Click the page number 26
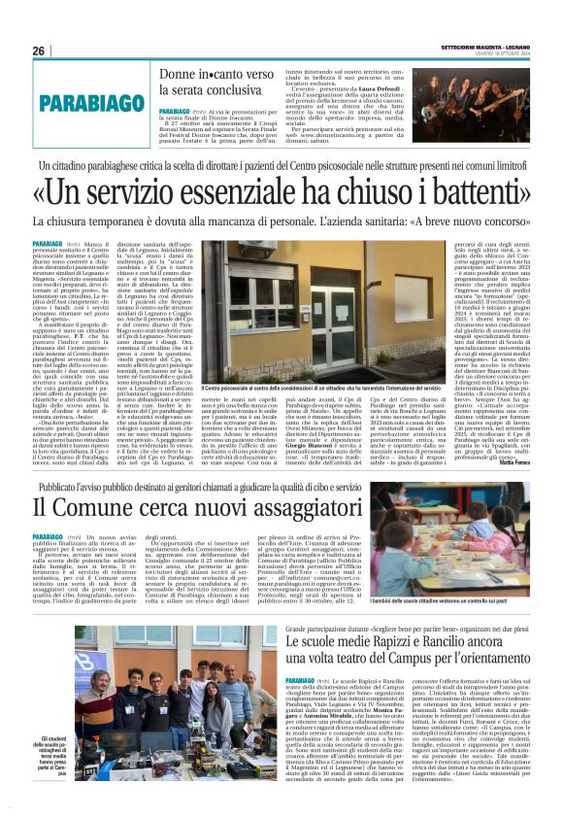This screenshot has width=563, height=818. coord(39,51)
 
